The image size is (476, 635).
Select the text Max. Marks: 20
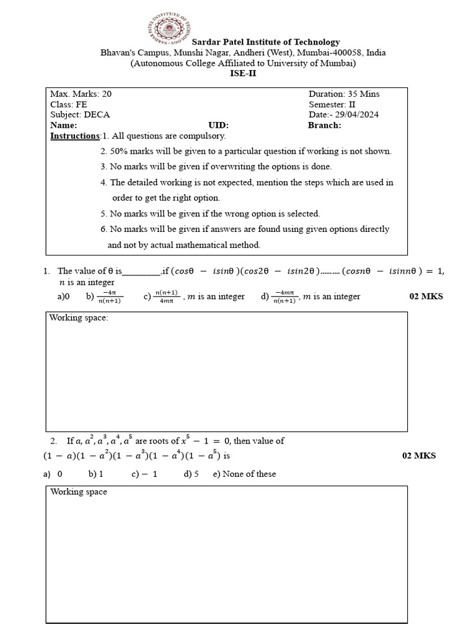point(81,94)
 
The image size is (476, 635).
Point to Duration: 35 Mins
point(344,94)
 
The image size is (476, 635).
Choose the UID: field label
point(219,125)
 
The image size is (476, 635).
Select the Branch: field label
point(324,125)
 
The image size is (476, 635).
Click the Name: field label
point(63,125)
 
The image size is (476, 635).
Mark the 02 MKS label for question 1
point(426,296)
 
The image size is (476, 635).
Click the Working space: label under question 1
point(79,318)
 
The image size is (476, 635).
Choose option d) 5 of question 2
point(191,474)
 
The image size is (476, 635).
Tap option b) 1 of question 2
point(95,474)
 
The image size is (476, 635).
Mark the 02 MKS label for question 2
point(419,456)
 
